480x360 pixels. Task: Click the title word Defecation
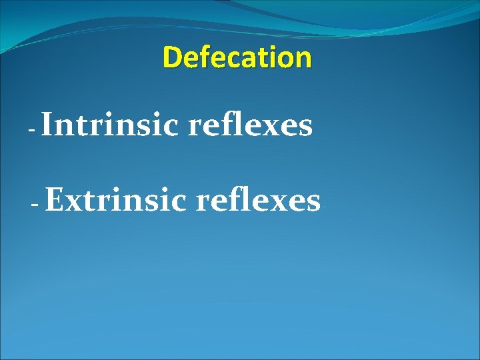pos(237,57)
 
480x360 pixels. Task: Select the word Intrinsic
pos(112,125)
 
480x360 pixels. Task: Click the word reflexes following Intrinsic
pos(251,125)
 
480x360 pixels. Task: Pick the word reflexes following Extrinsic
pos(258,200)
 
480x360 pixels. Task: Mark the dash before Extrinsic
pos(35,203)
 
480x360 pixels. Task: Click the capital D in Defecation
pos(172,57)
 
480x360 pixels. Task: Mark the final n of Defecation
pos(303,59)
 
